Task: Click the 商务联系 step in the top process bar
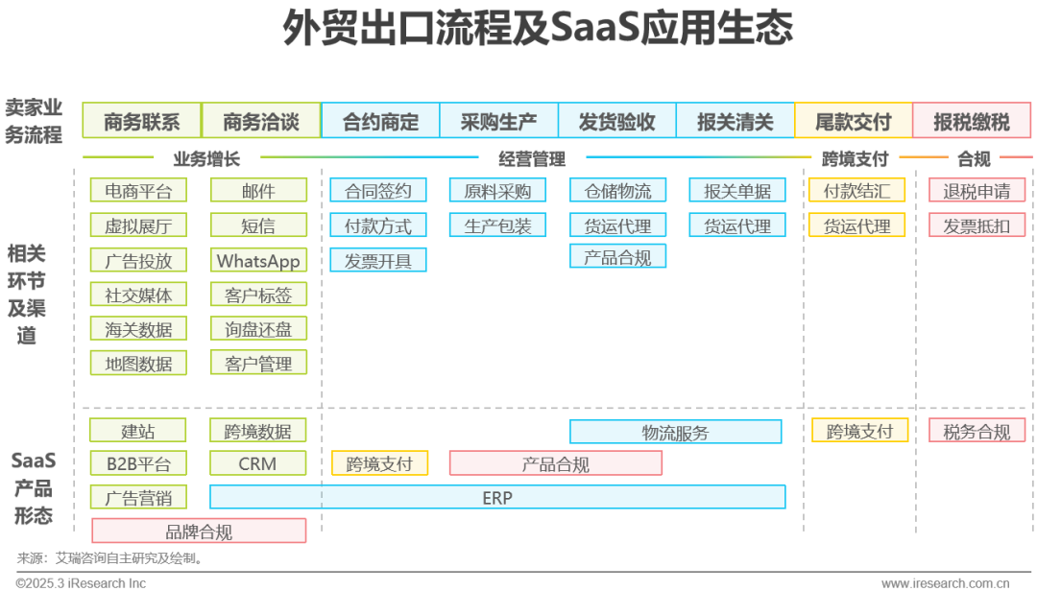click(141, 122)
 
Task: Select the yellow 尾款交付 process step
click(853, 122)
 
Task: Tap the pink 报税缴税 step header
click(972, 122)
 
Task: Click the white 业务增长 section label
click(207, 158)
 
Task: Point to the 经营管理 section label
click(531, 158)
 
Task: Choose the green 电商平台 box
click(138, 191)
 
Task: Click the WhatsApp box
click(258, 261)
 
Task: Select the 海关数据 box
click(138, 329)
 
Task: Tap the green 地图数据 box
click(138, 364)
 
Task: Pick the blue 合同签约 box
click(377, 191)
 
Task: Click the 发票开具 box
click(377, 260)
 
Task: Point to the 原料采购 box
click(497, 191)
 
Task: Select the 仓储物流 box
click(617, 191)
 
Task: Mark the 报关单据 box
click(736, 191)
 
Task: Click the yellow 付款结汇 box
click(857, 191)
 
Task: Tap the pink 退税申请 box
click(977, 191)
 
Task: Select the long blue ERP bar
click(497, 497)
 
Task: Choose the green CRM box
click(257, 464)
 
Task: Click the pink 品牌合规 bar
click(199, 532)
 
